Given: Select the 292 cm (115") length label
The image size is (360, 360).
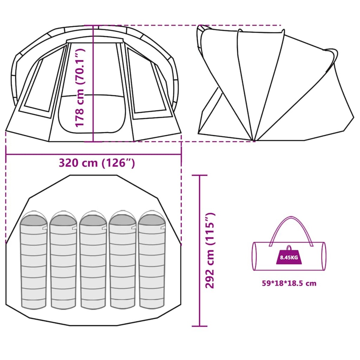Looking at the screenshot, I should point(210,250).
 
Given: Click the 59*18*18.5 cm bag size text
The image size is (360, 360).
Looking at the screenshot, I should point(289,283).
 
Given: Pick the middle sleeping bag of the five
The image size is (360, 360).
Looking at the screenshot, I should point(93,261).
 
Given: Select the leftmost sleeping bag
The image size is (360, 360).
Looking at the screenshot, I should point(34,261).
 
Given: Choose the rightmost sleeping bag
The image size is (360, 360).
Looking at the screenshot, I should point(152,261).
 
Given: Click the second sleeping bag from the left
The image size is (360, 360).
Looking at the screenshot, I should point(63,261).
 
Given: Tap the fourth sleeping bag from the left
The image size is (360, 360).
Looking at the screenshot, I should point(123,261).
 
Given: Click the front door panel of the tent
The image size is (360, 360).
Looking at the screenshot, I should point(92,114).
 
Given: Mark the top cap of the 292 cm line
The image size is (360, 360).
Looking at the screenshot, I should point(199,175).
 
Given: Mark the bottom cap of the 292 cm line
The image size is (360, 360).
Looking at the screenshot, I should point(199,326).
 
